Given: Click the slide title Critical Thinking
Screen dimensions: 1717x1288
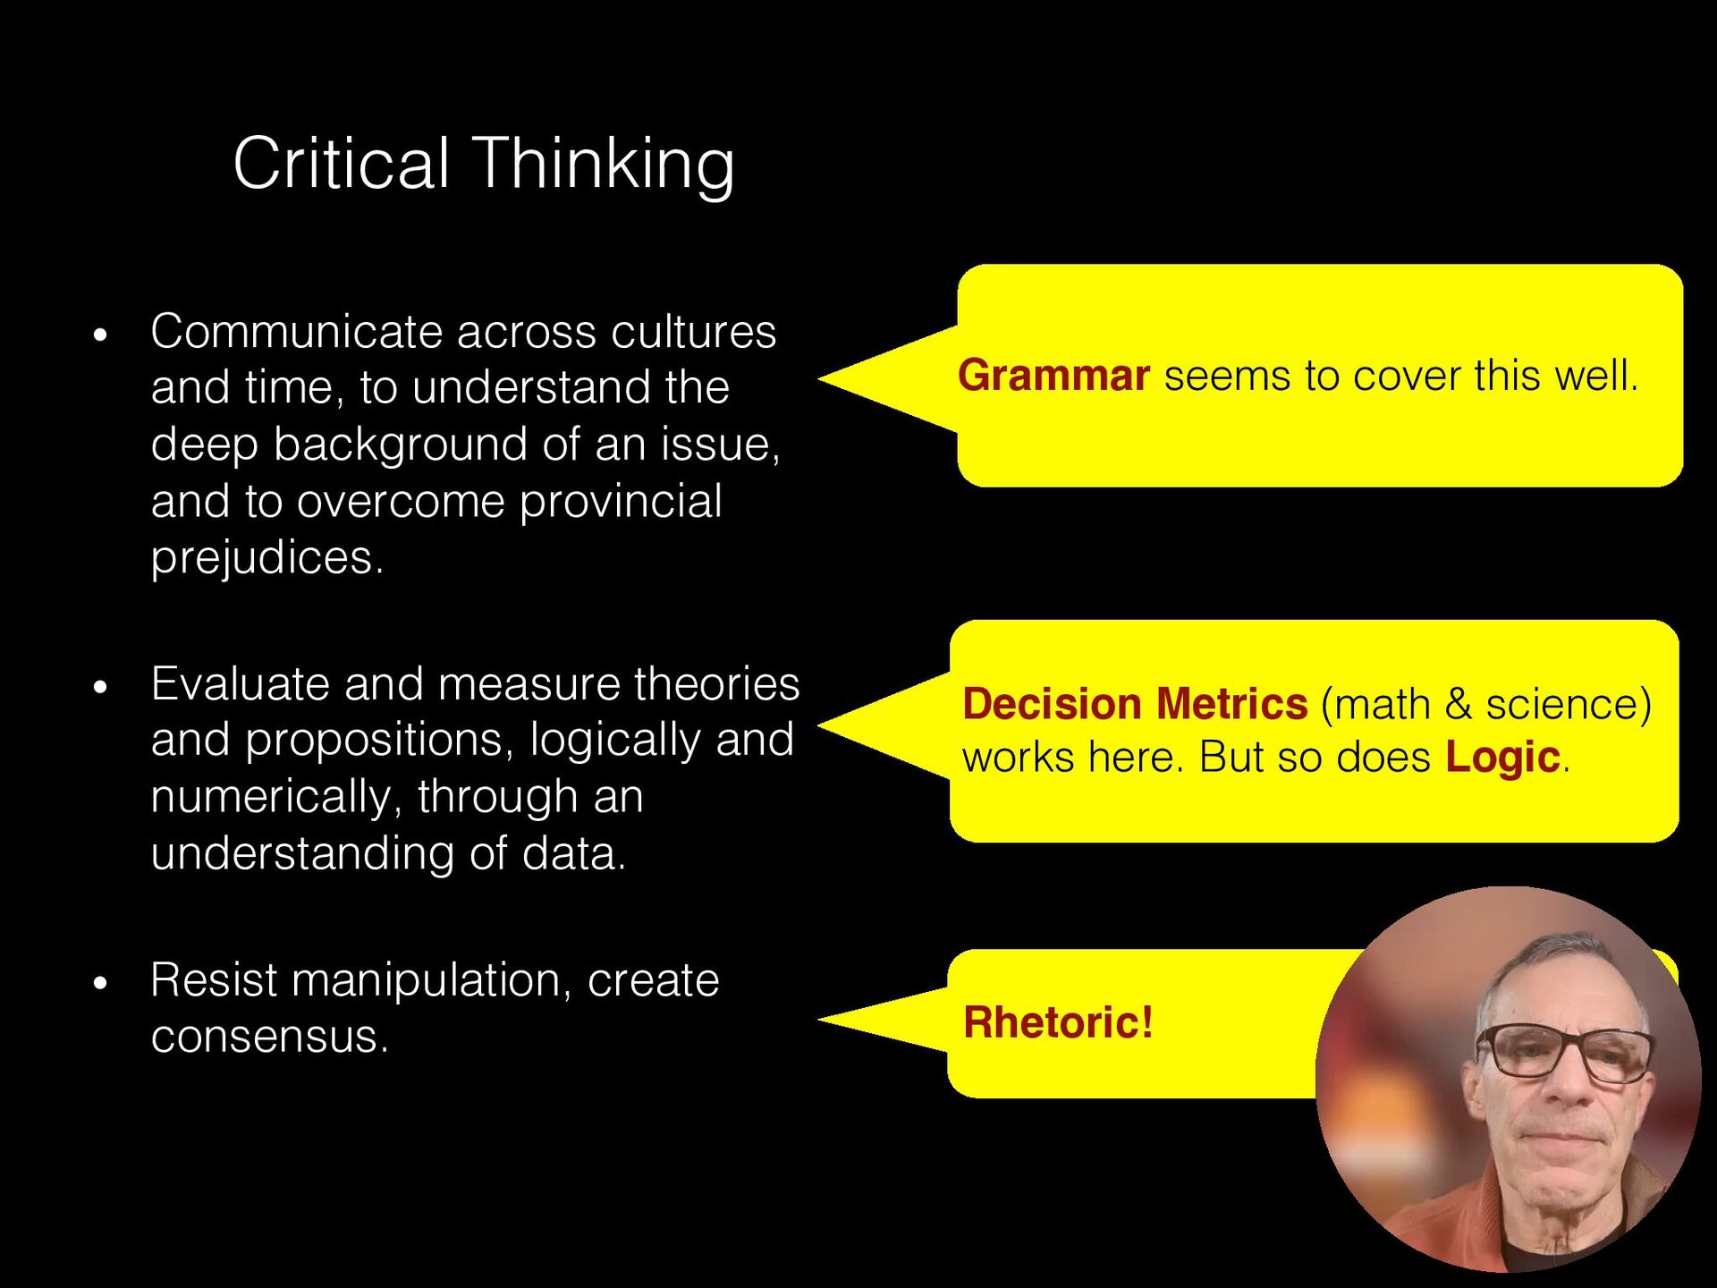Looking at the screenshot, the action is pos(483,164).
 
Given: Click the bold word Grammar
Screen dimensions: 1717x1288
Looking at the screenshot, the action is pos(1053,376).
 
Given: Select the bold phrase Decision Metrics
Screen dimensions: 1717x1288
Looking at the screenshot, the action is pos(1135,704).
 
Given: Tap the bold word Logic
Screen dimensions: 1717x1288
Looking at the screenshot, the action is pos(1503,758).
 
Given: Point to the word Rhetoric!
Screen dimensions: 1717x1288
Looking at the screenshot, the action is pos(1058,1022).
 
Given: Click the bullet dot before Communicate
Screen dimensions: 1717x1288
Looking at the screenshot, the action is pos(100,335).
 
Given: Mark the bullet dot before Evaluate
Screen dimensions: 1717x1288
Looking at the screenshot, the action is pos(100,687).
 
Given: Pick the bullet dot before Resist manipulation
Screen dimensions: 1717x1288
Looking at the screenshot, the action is pos(100,983).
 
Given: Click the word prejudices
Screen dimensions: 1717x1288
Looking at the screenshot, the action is pos(266,557).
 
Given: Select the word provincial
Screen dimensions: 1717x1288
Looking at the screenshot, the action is pos(621,501).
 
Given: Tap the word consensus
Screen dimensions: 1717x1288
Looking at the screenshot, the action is pos(269,1037).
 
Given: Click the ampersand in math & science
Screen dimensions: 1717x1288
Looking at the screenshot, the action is pos(1458,704).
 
